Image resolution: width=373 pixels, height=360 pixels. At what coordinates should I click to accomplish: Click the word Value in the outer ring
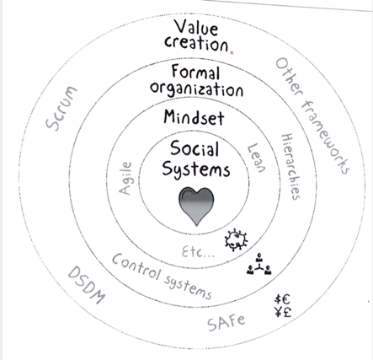196,28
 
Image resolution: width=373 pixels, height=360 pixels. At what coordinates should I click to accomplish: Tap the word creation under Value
196,44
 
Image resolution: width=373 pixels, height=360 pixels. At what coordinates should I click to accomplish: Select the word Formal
195,72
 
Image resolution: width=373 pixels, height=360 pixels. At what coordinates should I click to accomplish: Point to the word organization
196,90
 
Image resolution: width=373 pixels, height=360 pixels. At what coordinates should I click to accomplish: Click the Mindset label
194,117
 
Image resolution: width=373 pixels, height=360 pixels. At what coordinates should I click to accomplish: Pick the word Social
194,148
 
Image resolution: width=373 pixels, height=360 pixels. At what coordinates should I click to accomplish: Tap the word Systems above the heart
196,169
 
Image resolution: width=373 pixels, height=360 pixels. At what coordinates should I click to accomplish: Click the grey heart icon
196,206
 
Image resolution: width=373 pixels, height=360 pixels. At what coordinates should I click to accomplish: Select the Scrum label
61,108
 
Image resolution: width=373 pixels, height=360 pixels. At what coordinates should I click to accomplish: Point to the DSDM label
87,285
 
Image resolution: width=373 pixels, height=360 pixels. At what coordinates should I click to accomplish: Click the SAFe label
226,322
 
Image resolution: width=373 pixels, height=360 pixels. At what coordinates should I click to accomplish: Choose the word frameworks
326,137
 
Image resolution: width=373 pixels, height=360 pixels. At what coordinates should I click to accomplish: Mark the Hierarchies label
290,166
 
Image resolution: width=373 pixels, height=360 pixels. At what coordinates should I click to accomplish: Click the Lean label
256,158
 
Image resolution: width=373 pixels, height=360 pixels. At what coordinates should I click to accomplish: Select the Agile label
125,178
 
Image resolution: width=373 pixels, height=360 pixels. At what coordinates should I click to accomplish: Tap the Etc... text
198,251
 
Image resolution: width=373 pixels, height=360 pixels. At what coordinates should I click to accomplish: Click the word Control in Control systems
136,266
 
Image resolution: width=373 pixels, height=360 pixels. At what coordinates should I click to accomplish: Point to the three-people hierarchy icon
259,264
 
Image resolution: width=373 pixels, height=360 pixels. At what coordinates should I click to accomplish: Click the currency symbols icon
282,306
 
